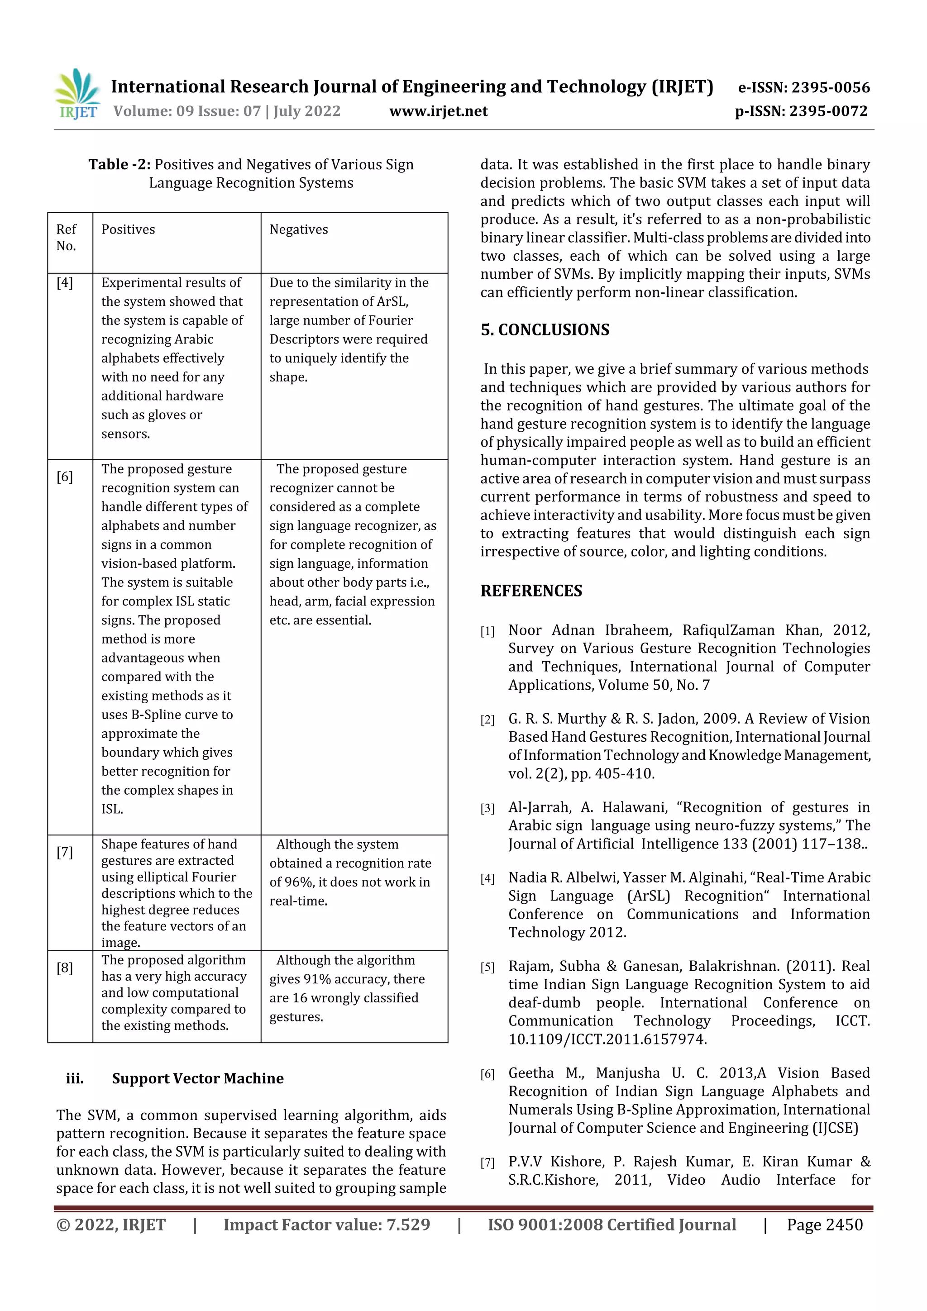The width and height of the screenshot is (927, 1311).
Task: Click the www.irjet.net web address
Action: pyautogui.click(x=438, y=111)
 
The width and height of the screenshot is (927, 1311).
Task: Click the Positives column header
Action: pyautogui.click(x=128, y=229)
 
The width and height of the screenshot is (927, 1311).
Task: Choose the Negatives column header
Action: pyautogui.click(x=299, y=229)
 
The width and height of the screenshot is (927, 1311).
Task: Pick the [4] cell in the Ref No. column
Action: pyautogui.click(x=65, y=283)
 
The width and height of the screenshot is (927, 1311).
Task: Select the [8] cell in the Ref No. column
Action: pyautogui.click(x=65, y=968)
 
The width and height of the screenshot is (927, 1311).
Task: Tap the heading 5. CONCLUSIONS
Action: pyautogui.click(x=545, y=330)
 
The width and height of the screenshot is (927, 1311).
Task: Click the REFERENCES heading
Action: pyautogui.click(x=531, y=591)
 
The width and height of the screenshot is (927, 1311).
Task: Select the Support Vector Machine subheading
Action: pyautogui.click(x=198, y=1078)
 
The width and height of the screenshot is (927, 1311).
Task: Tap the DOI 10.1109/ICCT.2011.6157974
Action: pyautogui.click(x=607, y=1039)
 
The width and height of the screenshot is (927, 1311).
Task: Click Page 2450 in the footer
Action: pyautogui.click(x=824, y=1225)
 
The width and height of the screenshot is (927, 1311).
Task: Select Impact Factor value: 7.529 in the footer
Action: pyautogui.click(x=326, y=1225)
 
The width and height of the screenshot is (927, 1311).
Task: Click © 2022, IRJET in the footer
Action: pyautogui.click(x=111, y=1225)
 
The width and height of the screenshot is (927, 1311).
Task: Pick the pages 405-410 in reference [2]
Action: pyautogui.click(x=624, y=774)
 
